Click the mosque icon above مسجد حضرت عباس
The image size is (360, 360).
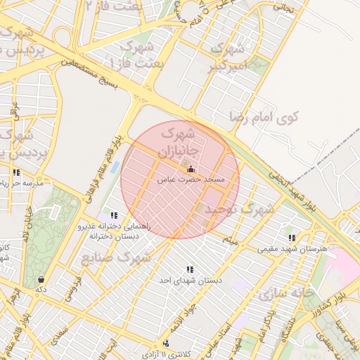point(191,169)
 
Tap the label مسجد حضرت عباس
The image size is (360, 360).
point(191,181)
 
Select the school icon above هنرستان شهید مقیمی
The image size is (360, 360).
point(291,238)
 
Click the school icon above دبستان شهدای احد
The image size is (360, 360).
point(189,269)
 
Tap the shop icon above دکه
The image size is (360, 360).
point(41,278)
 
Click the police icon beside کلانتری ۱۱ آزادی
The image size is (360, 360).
point(165,343)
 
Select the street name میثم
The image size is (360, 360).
point(232,241)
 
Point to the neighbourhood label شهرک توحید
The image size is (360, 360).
point(247,209)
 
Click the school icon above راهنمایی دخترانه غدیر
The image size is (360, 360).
point(114,215)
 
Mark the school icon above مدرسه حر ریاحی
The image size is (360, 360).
point(15,173)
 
